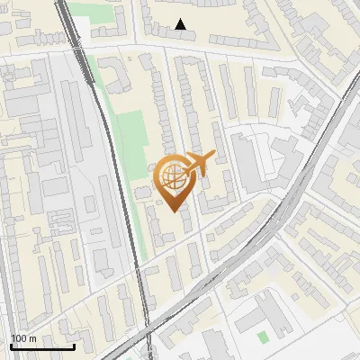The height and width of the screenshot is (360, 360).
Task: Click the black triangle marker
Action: coord(181,24)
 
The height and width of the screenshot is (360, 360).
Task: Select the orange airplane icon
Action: coord(199,163)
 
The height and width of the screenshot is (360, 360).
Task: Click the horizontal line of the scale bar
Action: coord(42,346)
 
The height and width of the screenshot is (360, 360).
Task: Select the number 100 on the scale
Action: coord(19,338)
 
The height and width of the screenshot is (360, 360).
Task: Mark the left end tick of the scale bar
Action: coord(11,345)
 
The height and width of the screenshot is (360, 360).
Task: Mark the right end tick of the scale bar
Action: coord(74,345)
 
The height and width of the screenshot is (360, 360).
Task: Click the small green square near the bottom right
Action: coord(262,337)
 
